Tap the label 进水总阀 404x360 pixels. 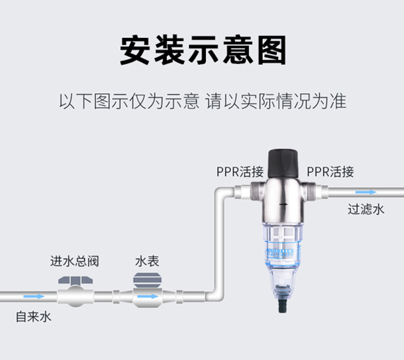pyautogui.click(x=74, y=262)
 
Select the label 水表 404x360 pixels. pyautogui.click(x=147, y=262)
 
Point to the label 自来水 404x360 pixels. pyautogui.click(x=33, y=316)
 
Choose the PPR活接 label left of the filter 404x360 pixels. pyautogui.click(x=240, y=172)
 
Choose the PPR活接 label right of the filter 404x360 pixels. pyautogui.click(x=331, y=172)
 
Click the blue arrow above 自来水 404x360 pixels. pyautogui.click(x=34, y=296)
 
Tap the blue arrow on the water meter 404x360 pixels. pyautogui.click(x=147, y=296)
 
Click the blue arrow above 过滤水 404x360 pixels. pyautogui.click(x=366, y=192)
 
